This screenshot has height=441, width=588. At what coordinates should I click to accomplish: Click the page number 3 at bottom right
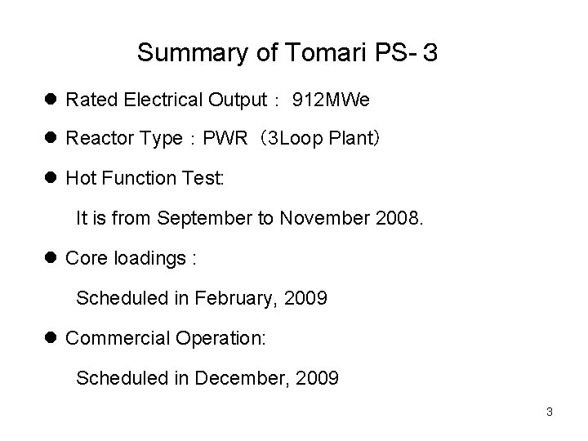pos(549,412)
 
